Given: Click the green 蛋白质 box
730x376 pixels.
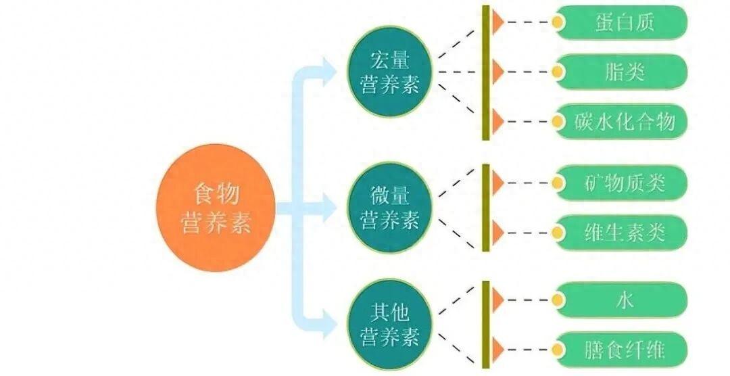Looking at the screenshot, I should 622,22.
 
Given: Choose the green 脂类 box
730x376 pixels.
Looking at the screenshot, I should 622,72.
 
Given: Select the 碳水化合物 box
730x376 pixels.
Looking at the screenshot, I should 622,122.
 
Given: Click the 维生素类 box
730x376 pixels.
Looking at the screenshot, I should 622,233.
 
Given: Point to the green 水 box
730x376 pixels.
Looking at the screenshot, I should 622,300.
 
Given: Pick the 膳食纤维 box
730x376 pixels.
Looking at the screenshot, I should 622,350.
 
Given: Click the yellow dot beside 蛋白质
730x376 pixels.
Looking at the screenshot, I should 558,22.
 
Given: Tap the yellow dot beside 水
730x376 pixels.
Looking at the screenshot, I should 558,300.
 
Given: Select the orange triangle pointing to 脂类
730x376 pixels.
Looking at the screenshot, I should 497,72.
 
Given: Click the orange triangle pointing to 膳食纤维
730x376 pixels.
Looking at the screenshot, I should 497,350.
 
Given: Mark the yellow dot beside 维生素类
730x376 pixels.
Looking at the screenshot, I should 558,233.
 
